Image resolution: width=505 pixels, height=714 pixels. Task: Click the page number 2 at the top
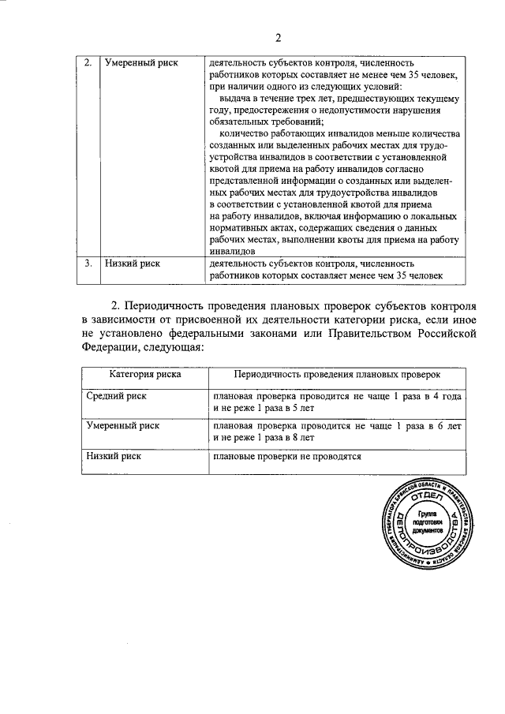(279, 37)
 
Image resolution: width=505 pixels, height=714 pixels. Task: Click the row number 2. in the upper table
(88, 62)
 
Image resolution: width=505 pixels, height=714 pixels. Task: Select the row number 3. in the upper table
(88, 264)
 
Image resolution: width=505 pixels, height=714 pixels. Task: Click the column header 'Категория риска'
(144, 376)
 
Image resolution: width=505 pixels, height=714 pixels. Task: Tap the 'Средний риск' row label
(115, 396)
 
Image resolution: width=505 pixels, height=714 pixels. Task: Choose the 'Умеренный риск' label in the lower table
(122, 425)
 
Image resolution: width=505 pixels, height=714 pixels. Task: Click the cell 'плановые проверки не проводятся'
(286, 456)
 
